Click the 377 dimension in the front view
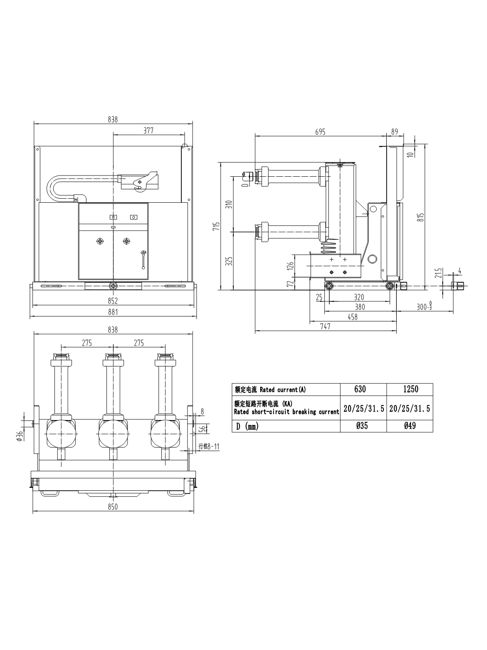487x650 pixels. (x=148, y=130)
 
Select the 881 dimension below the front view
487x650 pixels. (x=113, y=312)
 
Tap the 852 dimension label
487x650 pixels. (x=113, y=301)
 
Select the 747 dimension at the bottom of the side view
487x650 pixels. (x=325, y=326)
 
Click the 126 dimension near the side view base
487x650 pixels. (x=290, y=266)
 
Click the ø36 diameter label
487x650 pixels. (x=19, y=435)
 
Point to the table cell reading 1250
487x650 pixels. (x=410, y=389)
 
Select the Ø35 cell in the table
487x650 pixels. (x=363, y=426)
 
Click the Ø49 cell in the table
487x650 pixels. (x=410, y=426)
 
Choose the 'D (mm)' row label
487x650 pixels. (x=247, y=426)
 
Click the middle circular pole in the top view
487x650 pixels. (x=113, y=434)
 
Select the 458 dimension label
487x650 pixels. (x=352, y=317)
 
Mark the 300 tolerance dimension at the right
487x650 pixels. (x=424, y=307)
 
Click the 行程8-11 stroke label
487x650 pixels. (x=209, y=446)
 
